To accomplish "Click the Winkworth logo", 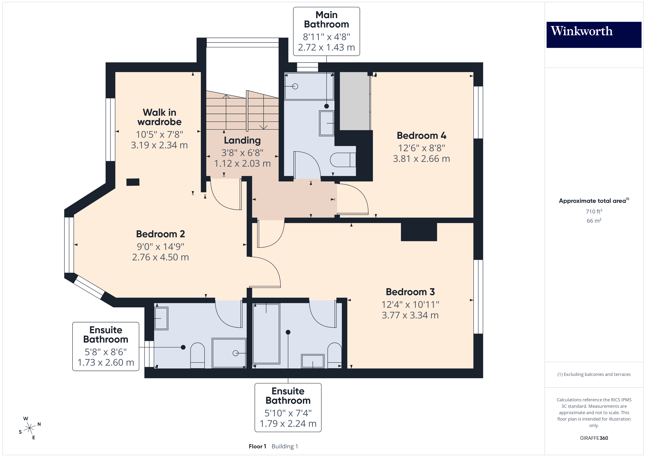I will coord(594,34).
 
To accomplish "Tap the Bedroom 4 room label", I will coord(421,136).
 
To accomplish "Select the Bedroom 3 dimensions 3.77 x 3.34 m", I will coord(410,315).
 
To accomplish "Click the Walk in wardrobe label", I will coord(159,117).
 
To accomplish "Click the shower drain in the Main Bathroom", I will coord(295,86).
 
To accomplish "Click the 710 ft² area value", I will coord(594,211).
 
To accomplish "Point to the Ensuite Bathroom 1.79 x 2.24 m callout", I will coord(288,407).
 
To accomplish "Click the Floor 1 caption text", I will coord(257,446).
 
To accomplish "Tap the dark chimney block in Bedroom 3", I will coord(418,232).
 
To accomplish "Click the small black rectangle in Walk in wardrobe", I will coord(133,182).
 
